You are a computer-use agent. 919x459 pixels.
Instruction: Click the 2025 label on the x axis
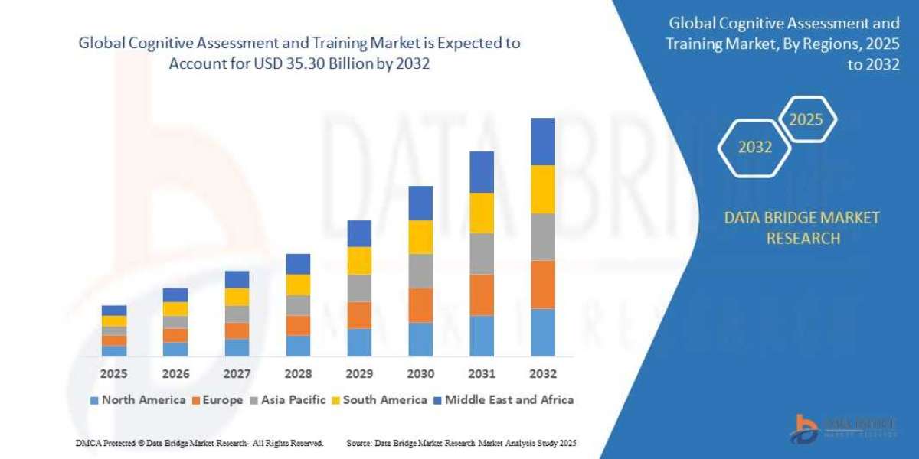pos(114,374)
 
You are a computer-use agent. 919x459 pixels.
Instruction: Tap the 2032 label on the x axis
pos(543,374)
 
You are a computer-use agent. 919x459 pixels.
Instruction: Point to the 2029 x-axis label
pos(359,374)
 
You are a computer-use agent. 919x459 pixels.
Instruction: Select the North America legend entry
pos(138,399)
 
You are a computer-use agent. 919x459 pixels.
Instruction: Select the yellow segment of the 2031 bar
pos(482,213)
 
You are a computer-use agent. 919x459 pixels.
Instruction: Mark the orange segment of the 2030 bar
pos(420,305)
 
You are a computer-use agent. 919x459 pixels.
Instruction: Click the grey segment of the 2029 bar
pos(359,288)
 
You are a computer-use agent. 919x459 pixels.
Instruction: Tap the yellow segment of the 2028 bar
pos(298,285)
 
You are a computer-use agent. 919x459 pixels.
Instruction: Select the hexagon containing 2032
pos(754,148)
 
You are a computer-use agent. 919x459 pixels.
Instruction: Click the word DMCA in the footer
pos(89,443)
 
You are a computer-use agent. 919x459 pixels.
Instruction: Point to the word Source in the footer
pos(359,443)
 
